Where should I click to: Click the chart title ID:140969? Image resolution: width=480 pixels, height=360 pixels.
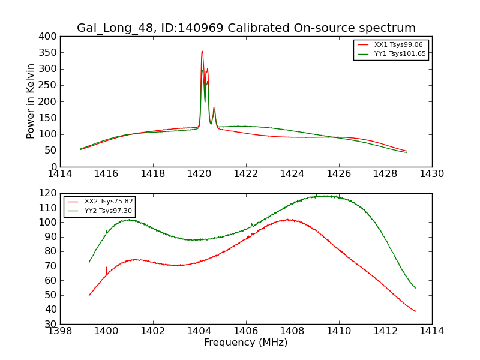246,28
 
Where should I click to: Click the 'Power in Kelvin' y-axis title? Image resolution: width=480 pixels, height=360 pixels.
31,101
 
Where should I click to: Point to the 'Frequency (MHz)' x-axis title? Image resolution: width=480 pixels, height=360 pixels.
246,343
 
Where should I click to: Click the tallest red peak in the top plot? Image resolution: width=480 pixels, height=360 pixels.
202,52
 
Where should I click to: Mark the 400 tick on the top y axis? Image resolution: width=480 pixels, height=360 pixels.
51,36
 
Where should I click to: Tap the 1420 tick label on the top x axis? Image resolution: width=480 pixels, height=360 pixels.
200,174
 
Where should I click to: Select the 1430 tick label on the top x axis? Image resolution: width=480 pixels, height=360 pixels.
432,174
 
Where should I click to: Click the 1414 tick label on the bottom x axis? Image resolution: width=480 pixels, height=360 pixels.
432,331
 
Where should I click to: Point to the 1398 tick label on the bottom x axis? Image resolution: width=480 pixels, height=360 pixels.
60,331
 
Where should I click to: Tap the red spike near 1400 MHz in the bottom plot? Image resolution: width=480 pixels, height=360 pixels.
107,268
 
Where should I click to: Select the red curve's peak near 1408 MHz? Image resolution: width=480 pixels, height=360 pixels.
289,220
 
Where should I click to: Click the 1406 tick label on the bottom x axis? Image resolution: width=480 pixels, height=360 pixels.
246,331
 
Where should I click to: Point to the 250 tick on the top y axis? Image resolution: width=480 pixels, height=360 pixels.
51,85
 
